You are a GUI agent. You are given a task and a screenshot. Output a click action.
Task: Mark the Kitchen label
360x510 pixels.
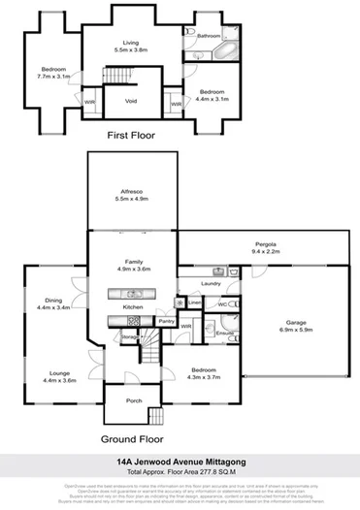(133, 306)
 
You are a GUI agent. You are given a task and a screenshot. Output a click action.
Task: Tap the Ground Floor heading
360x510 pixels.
(130, 438)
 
